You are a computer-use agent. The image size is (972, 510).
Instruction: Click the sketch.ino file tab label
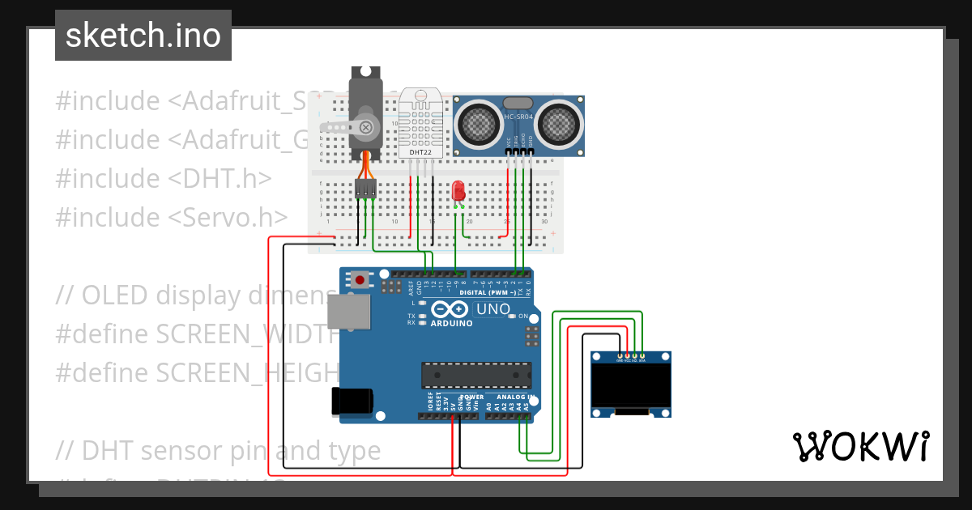coord(143,36)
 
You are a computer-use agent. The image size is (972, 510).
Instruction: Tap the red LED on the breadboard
coord(458,192)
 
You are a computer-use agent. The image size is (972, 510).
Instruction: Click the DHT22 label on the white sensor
coord(420,151)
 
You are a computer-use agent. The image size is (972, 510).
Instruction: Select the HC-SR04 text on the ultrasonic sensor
coord(519,117)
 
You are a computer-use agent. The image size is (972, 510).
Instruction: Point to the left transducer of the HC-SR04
coord(478,123)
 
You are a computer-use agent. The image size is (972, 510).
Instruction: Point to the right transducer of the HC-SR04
coord(561,123)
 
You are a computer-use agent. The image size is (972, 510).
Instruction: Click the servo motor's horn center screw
coord(366,127)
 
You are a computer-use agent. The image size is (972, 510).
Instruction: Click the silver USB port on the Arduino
coord(347,312)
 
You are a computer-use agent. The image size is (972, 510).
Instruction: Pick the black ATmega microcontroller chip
coord(476,376)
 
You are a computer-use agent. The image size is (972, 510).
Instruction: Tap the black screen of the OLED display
coord(631,385)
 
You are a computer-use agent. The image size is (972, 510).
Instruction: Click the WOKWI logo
coord(861,446)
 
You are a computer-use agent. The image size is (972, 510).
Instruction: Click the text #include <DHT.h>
coord(164,178)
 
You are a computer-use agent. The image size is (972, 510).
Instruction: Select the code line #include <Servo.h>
coord(172,217)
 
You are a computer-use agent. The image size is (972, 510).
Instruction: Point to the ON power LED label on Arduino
coord(523,316)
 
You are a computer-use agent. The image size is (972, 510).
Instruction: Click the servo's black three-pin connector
coord(366,189)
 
